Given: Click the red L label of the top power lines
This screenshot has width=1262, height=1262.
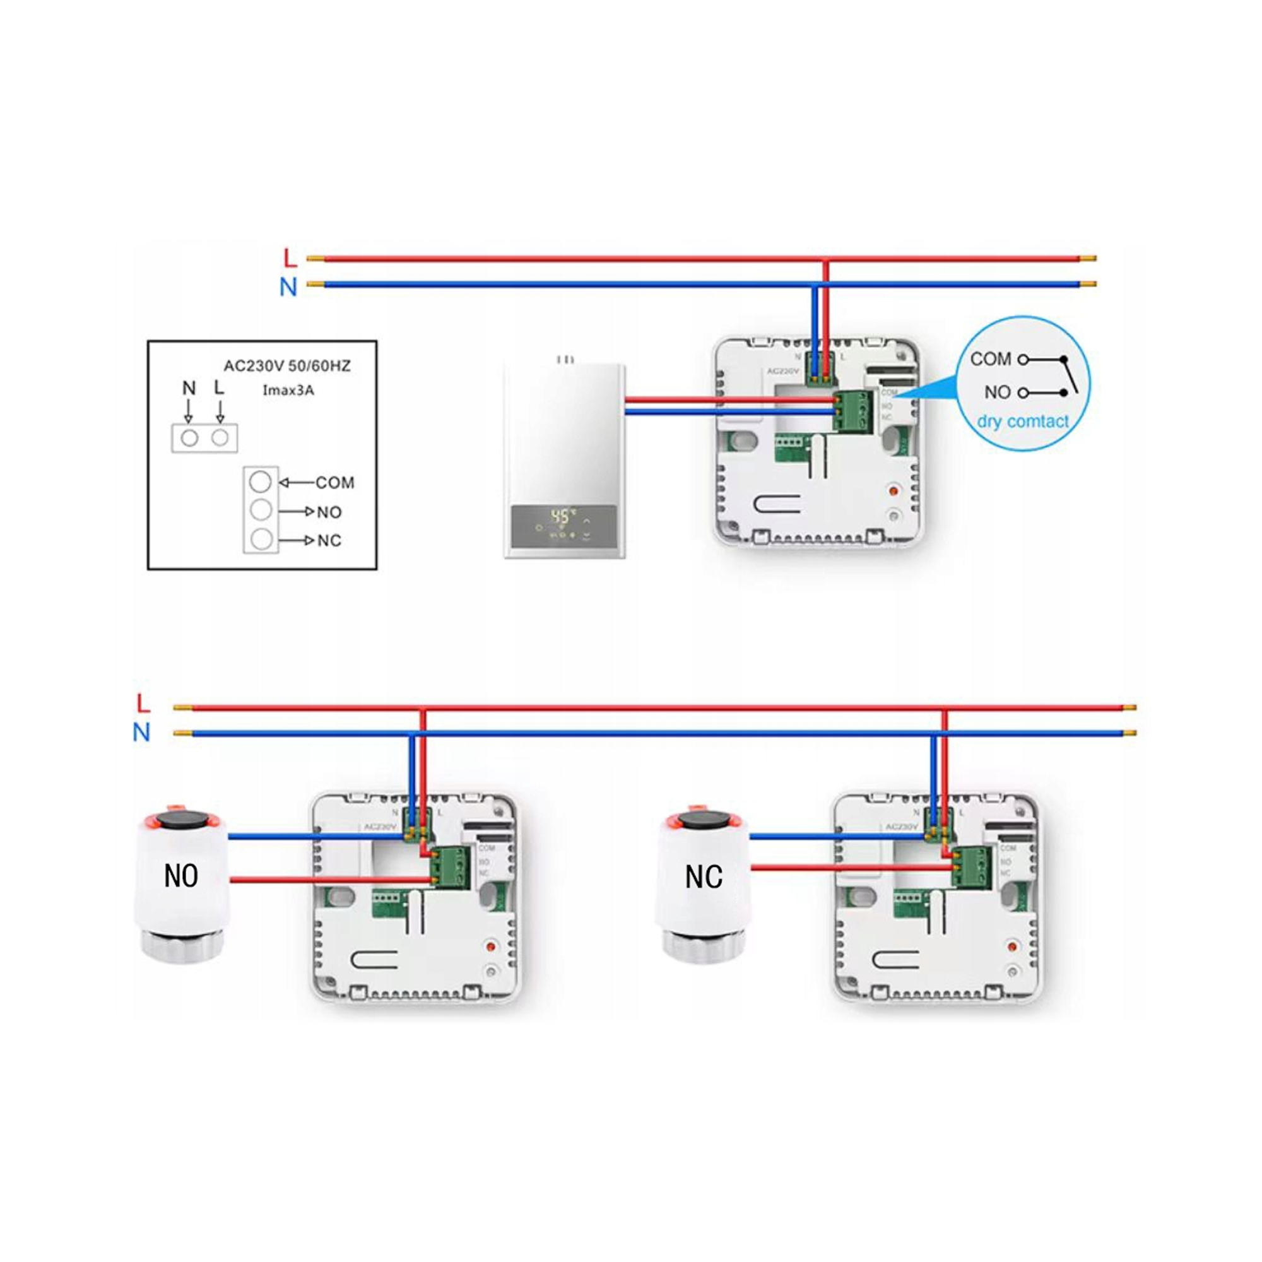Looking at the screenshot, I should click(x=290, y=258).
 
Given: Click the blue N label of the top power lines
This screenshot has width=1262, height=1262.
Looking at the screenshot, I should click(x=288, y=286).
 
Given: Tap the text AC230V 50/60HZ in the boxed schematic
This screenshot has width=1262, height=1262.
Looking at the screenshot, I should click(x=286, y=366).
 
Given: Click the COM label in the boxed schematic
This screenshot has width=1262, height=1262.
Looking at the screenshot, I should click(x=334, y=483).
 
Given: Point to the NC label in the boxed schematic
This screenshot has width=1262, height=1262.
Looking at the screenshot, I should click(x=329, y=541).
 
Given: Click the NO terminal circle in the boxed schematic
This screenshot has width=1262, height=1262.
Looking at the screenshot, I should click(x=261, y=510).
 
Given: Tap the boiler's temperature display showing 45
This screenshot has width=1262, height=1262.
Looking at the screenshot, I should click(x=561, y=516).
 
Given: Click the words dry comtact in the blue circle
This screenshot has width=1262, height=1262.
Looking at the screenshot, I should click(x=1023, y=422).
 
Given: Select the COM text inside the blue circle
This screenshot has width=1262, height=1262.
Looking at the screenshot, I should click(x=990, y=359).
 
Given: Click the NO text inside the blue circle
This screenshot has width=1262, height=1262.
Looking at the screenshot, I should click(x=998, y=392).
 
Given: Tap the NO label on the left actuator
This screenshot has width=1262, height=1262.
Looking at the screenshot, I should click(x=181, y=876).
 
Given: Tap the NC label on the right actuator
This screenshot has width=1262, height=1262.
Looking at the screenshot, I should click(x=704, y=876).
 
